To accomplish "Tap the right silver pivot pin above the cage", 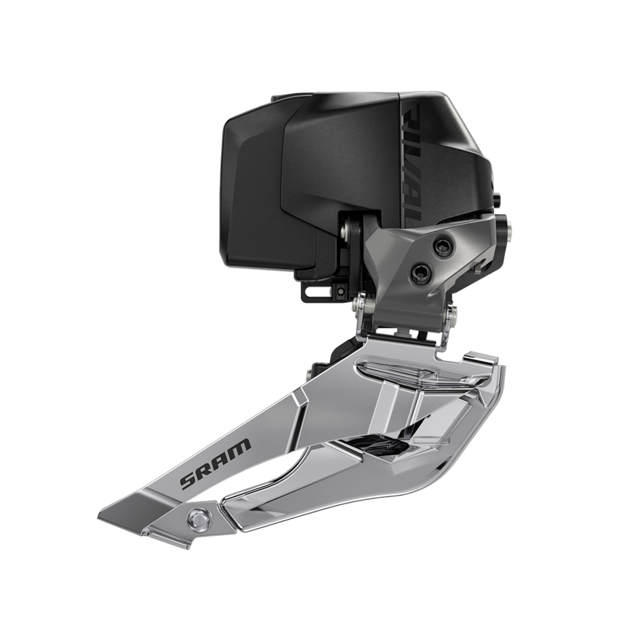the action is (451, 316).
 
